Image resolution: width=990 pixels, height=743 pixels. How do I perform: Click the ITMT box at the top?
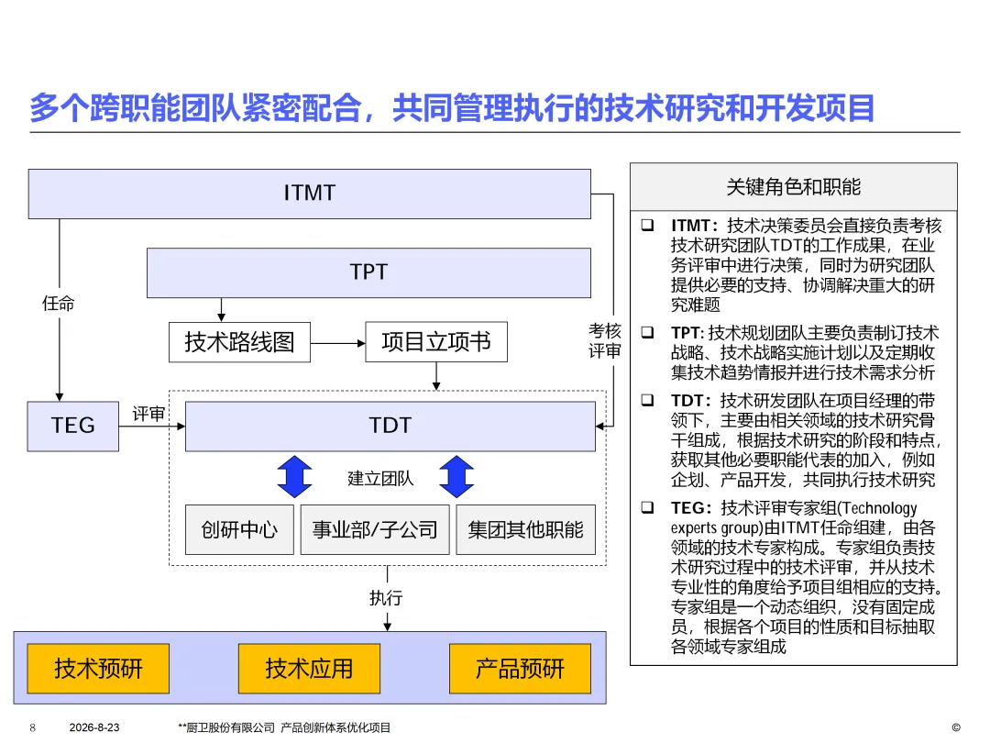click(x=310, y=194)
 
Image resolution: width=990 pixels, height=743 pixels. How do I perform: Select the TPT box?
click(x=368, y=272)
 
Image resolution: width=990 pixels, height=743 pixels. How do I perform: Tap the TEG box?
click(x=72, y=426)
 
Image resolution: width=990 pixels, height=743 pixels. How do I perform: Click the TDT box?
click(x=390, y=426)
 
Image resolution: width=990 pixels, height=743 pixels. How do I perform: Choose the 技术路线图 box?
click(x=239, y=342)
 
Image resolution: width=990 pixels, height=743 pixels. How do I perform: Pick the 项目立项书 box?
click(x=436, y=342)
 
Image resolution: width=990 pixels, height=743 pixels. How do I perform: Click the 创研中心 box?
click(x=239, y=529)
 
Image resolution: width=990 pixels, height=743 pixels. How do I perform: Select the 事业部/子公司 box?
click(x=375, y=529)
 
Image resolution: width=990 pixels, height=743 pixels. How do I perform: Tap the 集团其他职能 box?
click(x=525, y=529)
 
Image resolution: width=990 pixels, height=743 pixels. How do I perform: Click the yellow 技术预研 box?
click(x=98, y=669)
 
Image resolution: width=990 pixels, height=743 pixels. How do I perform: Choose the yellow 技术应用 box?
click(x=310, y=669)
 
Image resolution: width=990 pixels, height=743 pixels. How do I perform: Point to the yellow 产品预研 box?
click(x=521, y=669)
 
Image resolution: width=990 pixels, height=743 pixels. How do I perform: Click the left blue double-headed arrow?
click(x=294, y=476)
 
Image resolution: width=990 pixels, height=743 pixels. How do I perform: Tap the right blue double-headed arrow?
click(x=456, y=476)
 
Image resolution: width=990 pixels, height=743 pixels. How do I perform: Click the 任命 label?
click(x=58, y=304)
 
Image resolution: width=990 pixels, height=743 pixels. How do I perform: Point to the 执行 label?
click(x=386, y=598)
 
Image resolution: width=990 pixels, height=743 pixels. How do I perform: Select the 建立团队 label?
click(x=380, y=478)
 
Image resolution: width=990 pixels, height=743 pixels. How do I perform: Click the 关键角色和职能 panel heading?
click(x=794, y=187)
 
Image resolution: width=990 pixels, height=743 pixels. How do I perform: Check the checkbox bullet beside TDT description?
click(x=647, y=400)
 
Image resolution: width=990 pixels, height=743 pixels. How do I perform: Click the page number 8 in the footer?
click(x=33, y=727)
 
